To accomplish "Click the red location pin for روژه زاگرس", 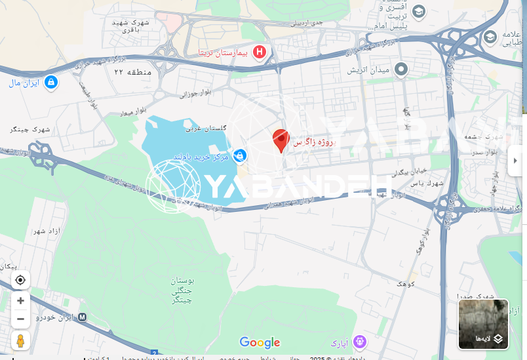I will click(x=281, y=140).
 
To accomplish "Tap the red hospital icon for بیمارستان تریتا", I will click(x=260, y=52).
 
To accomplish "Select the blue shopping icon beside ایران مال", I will click(x=51, y=83).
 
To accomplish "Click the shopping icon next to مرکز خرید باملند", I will click(x=241, y=155).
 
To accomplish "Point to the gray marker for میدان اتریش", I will click(x=401, y=69).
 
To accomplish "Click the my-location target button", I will click(x=20, y=280).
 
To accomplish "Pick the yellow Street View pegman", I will click(x=20, y=340).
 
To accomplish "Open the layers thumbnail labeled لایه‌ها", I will click(x=483, y=324).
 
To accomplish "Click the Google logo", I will click(x=260, y=342).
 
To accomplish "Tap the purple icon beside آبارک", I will click(x=359, y=342).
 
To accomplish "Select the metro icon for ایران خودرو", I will click(x=82, y=317).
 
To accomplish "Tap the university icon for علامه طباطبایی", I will click(x=490, y=38).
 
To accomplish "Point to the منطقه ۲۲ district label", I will click(x=132, y=71).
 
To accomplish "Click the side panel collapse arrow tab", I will click(x=516, y=161).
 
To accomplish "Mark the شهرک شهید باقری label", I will click(x=130, y=26).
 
